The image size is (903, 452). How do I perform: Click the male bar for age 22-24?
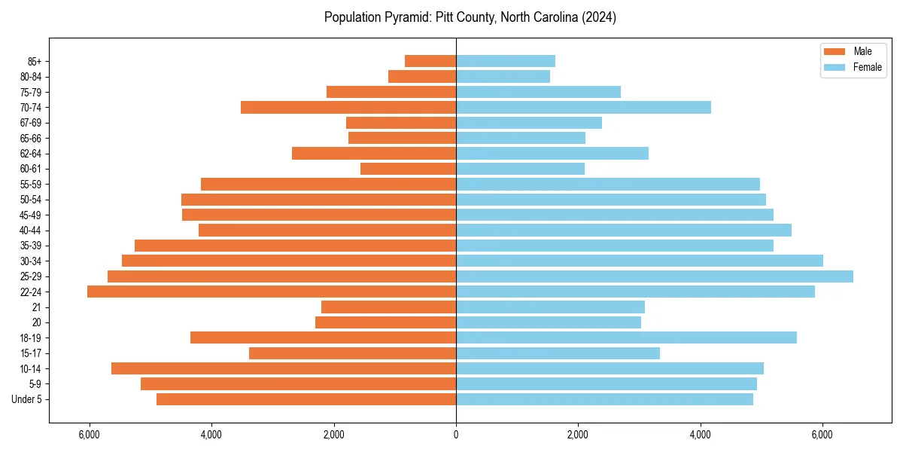click(x=272, y=292)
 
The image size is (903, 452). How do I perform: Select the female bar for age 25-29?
click(x=655, y=276)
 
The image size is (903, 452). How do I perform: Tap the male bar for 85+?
click(x=430, y=61)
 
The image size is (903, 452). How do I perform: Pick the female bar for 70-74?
click(x=583, y=107)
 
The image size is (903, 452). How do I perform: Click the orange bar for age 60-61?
click(x=408, y=169)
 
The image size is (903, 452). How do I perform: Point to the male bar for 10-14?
click(x=284, y=368)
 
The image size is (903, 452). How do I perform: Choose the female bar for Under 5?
click(x=604, y=399)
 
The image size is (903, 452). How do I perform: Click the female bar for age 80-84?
click(x=503, y=76)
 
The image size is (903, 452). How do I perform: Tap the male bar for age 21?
click(x=388, y=307)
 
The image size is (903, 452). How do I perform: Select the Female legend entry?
click(x=853, y=67)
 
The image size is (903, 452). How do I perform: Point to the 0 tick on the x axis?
click(x=456, y=435)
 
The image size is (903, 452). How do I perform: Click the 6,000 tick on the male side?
click(x=89, y=435)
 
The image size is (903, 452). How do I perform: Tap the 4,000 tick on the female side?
click(x=701, y=435)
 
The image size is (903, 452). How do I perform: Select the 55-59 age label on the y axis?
click(x=31, y=184)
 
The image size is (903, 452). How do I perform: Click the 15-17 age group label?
click(x=31, y=353)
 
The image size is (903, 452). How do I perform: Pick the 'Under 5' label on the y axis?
click(x=26, y=399)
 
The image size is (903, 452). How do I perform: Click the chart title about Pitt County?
click(x=470, y=17)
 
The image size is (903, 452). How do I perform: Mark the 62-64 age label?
click(x=31, y=154)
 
